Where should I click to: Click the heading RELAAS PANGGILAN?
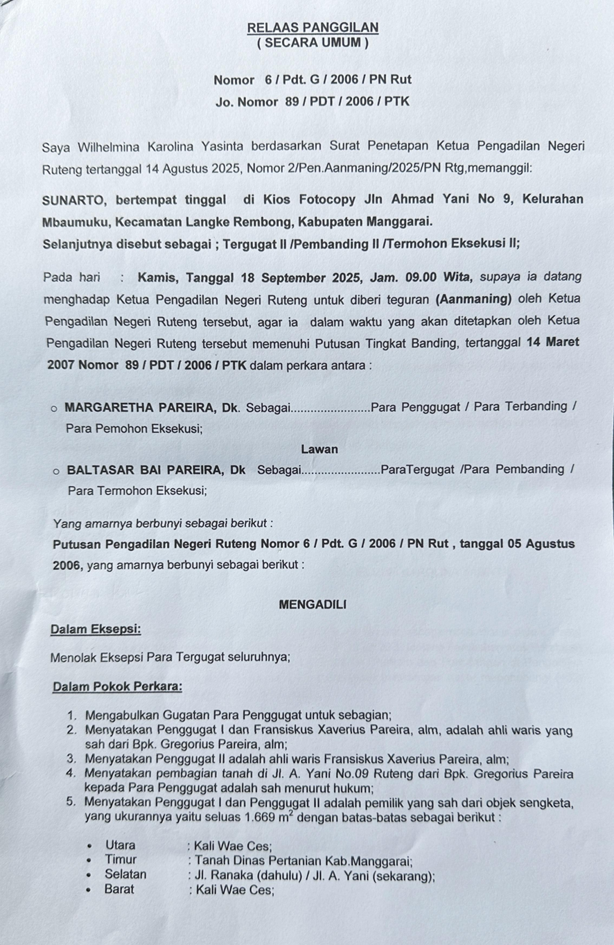pos(313,27)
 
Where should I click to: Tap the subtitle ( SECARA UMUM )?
pos(313,43)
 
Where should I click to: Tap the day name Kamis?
pos(158,278)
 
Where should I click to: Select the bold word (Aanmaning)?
pos(473,300)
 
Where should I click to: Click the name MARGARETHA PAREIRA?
pos(141,407)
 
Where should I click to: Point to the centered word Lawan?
pos(319,449)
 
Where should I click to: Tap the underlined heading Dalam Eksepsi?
pos(96,630)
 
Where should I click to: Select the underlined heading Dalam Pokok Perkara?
pos(118,687)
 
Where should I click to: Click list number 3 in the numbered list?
pos(71,759)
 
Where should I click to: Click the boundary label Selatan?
pos(125,875)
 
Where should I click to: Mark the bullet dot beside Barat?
pos(89,890)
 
